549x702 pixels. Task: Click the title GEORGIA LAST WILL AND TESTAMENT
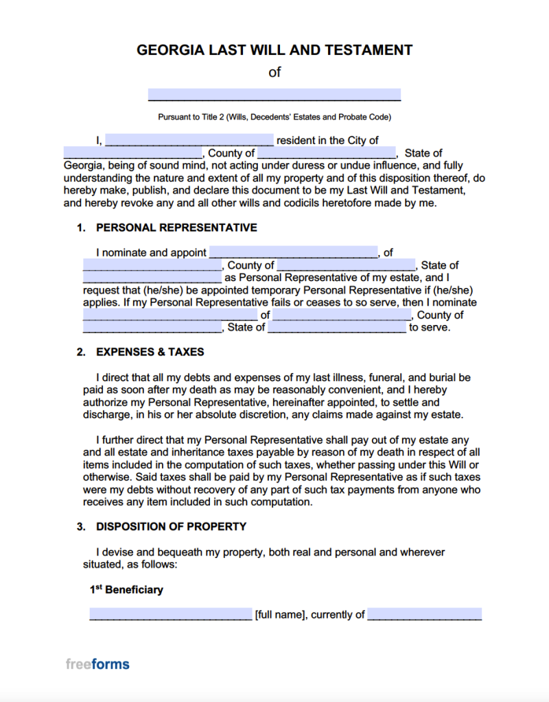(x=274, y=50)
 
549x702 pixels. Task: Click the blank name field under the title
(x=274, y=95)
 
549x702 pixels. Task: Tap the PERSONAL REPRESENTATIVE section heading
(x=176, y=228)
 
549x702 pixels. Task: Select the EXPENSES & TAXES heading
(x=150, y=352)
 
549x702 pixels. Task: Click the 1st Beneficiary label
(x=126, y=590)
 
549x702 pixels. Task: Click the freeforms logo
(x=97, y=664)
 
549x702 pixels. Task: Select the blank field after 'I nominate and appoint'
(x=294, y=252)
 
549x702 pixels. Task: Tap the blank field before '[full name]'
(x=171, y=614)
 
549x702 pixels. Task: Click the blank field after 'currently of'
(x=424, y=614)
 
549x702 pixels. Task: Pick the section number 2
(x=81, y=352)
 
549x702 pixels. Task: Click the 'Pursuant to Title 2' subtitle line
(x=274, y=117)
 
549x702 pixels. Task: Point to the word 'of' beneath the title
(x=274, y=72)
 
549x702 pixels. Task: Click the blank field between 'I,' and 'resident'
(x=189, y=141)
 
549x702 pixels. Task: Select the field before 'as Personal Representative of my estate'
(x=152, y=278)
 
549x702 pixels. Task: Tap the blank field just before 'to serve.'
(x=337, y=328)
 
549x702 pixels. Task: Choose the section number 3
(x=81, y=526)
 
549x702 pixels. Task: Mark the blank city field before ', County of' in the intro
(x=133, y=153)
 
